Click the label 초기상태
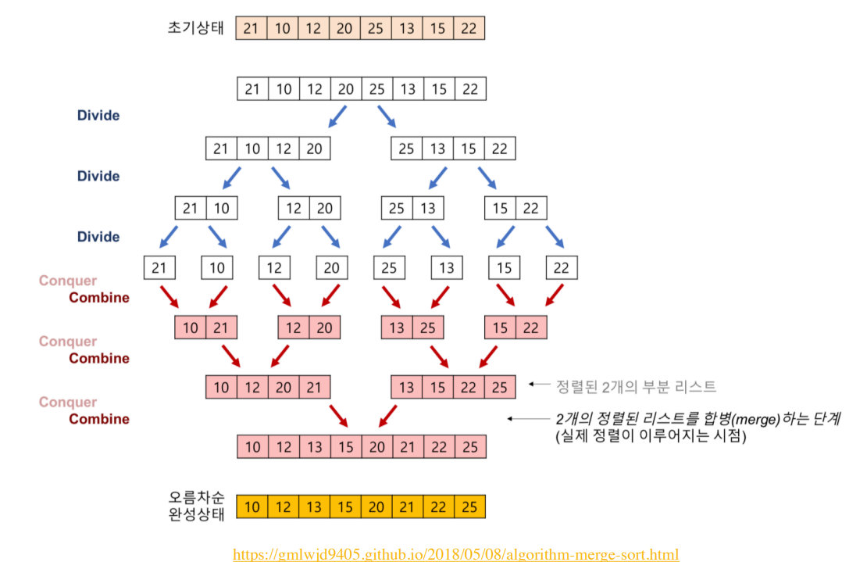(196, 28)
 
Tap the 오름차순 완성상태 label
(197, 506)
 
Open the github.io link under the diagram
(456, 554)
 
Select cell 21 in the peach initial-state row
(252, 28)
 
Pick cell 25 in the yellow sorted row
(469, 507)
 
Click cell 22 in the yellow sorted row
(438, 507)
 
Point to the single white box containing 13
(447, 268)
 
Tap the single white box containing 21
(159, 268)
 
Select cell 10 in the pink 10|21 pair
(191, 328)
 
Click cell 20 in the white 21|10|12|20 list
(314, 148)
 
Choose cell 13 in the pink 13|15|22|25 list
(406, 387)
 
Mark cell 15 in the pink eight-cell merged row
(345, 447)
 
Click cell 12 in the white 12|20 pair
(294, 208)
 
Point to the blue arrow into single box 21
(166, 236)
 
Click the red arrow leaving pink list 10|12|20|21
(338, 416)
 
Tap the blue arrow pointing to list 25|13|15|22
(387, 116)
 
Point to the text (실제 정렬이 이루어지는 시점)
(650, 437)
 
